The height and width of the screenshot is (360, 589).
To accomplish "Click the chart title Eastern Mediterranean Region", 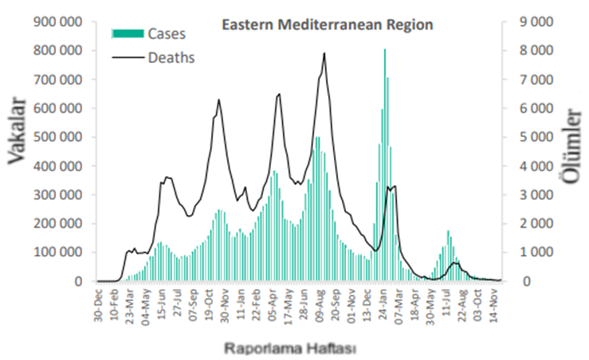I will [327, 25].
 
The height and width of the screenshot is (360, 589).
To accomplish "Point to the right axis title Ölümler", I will [571, 145].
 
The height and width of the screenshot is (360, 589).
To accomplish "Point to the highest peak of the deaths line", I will [324, 53].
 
